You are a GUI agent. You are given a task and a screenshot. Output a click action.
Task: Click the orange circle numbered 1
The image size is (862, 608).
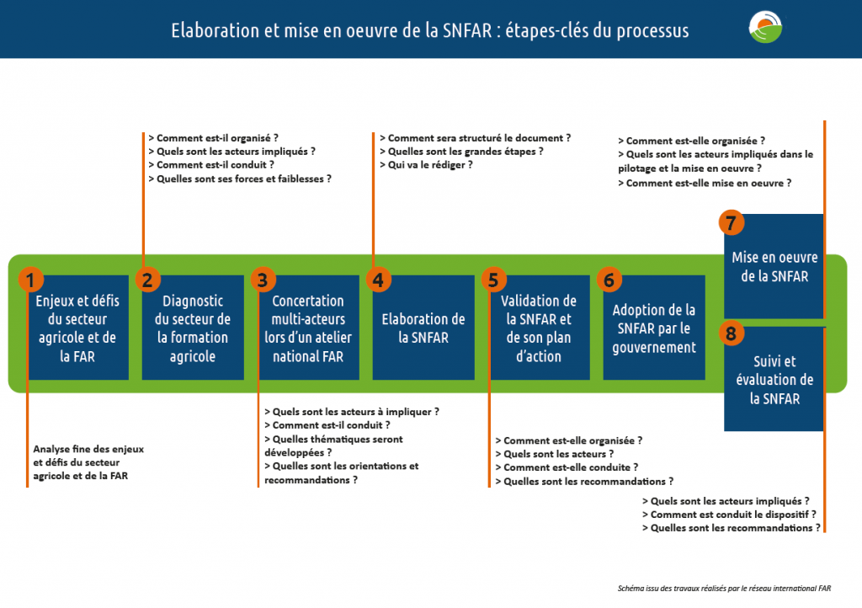pos(31,280)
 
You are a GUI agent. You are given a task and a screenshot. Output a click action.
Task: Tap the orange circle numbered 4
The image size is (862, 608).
pos(378,280)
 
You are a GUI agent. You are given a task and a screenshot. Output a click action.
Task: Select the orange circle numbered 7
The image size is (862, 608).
pos(732,222)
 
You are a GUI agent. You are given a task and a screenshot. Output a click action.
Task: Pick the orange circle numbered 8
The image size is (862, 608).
pos(732,333)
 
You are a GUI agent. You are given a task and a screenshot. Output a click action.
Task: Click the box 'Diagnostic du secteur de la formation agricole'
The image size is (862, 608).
pos(193,328)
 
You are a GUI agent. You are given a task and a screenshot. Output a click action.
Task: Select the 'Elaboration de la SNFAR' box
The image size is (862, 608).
pos(423,328)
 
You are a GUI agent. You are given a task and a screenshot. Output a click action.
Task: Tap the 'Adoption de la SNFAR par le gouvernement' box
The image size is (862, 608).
pos(654,328)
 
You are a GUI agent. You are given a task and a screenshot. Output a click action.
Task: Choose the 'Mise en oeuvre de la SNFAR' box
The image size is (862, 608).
pos(774,266)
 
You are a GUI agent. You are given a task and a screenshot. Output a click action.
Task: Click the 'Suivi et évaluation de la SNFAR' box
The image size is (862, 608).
pos(774,379)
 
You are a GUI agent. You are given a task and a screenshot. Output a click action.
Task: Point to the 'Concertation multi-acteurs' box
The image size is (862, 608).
pos(308,328)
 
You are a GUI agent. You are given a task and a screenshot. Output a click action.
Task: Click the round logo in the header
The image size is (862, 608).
pos(765,27)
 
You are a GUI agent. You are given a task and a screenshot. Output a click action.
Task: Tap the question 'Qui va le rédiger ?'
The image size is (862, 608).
pos(426,165)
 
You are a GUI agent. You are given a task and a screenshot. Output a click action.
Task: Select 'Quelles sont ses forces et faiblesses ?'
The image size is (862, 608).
pos(240,179)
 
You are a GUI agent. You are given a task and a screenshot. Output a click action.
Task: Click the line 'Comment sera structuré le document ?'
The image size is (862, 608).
pos(475,138)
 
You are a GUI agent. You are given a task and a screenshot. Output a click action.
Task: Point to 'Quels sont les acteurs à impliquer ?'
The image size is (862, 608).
pos(352,412)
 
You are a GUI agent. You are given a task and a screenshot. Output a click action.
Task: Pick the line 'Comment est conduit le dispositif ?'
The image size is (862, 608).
pos(729,515)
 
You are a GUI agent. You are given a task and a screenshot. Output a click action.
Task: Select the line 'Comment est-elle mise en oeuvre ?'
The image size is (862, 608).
pos(705,183)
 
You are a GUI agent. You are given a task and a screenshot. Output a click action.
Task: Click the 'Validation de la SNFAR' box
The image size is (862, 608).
pos(540,328)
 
